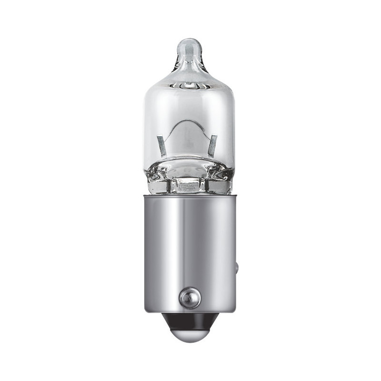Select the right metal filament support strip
212,145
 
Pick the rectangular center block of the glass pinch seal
189,185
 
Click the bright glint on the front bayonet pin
186,296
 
